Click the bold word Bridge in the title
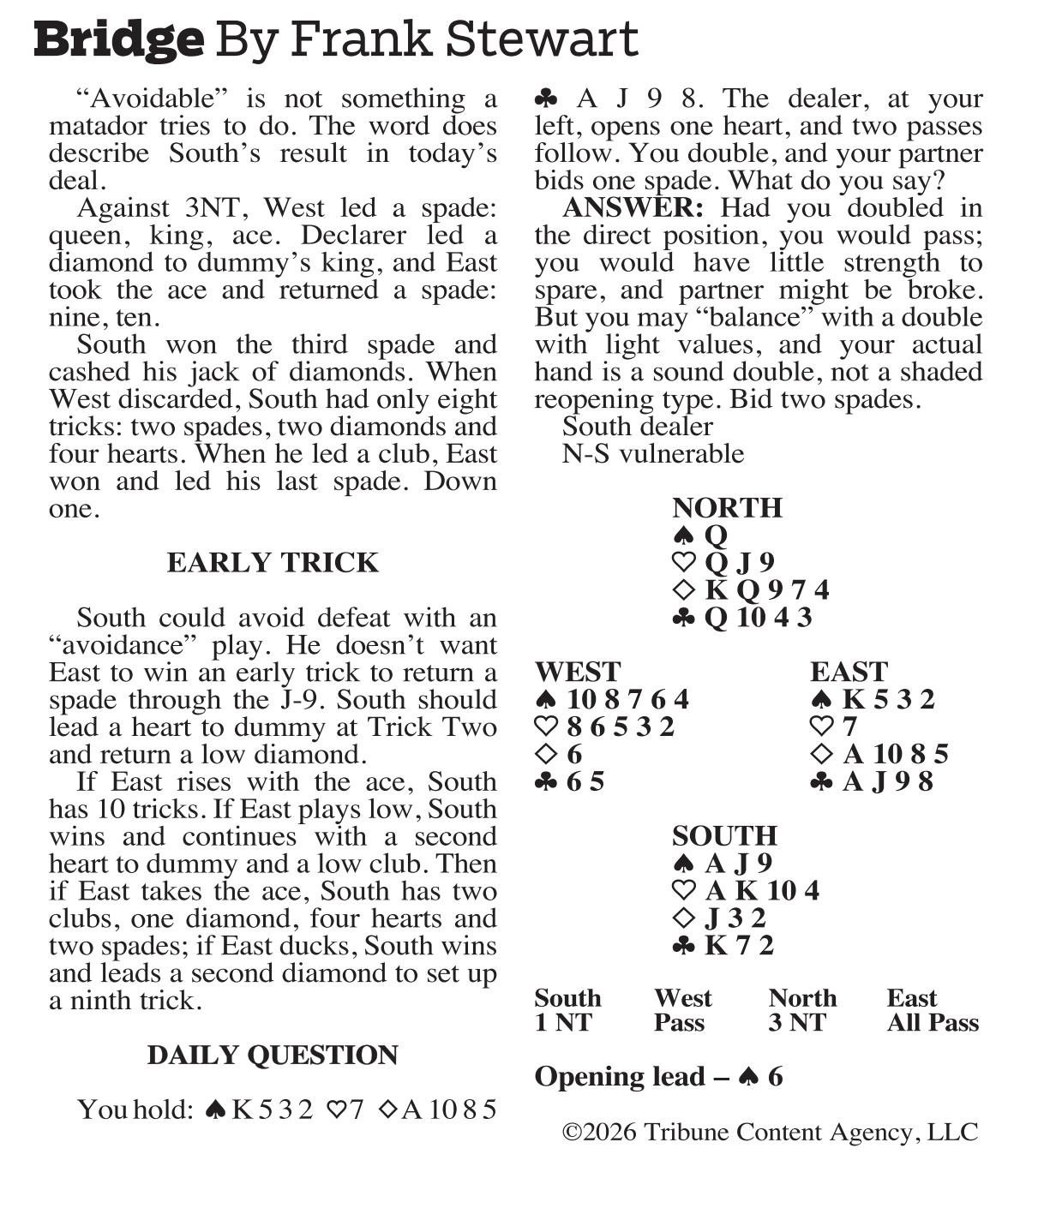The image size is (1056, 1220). click(119, 39)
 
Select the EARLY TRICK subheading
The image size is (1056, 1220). click(273, 563)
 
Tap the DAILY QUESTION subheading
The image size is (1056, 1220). click(273, 1056)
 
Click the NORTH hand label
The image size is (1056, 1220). click(727, 508)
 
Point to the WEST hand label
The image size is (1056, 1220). click(577, 672)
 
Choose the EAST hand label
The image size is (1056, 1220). click(849, 672)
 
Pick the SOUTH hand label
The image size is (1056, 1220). click(724, 836)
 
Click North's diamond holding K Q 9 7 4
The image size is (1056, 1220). click(751, 590)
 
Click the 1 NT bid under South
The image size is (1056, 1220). click(562, 1023)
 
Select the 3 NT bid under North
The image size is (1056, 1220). click(796, 1023)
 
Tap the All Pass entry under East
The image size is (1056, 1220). click(933, 1023)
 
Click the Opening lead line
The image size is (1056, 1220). click(658, 1077)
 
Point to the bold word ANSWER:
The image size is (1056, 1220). click(633, 208)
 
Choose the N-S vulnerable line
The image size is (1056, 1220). click(652, 454)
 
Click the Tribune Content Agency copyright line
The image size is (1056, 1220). click(770, 1133)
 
